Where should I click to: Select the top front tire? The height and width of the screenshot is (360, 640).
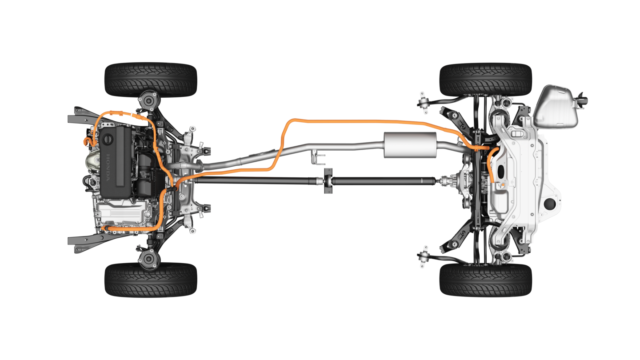coord(151,80)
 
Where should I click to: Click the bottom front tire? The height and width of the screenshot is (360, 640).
coord(151,280)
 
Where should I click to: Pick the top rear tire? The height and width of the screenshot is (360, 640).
coord(485,80)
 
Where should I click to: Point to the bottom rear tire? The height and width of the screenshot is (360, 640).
coord(485,280)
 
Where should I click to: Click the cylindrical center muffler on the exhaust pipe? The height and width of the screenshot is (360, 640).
coord(410,145)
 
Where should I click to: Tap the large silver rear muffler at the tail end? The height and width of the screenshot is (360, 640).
coord(556,107)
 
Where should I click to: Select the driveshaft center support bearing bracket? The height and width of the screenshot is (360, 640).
coord(328,181)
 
